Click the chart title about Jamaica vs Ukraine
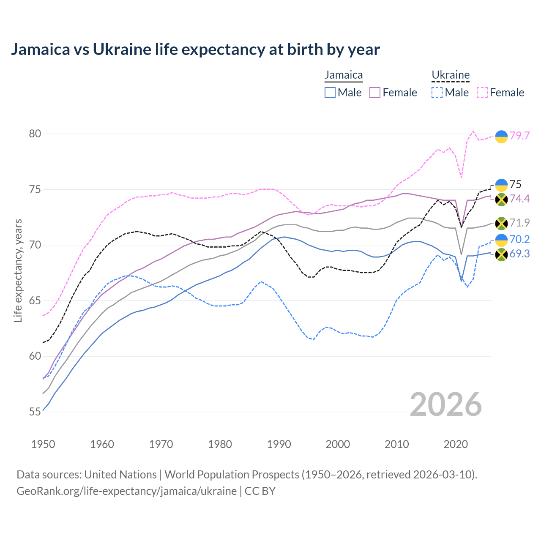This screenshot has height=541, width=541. tap(195, 49)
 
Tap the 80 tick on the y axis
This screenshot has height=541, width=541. tap(35, 134)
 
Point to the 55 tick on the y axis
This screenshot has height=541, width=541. tap(35, 412)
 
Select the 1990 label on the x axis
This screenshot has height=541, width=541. tap(279, 444)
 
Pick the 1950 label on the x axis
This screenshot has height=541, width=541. tap(43, 444)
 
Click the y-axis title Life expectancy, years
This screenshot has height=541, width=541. tap(18, 270)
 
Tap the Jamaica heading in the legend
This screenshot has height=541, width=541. tap(344, 75)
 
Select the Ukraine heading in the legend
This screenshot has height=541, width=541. tap(451, 75)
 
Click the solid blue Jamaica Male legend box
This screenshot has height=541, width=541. tap(330, 93)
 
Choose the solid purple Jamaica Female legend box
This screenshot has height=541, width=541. tap(375, 93)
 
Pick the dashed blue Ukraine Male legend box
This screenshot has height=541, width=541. tap(437, 93)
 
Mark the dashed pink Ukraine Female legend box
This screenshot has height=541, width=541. tap(482, 93)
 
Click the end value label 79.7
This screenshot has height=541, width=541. tap(519, 136)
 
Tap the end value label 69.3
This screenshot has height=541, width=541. tap(519, 254)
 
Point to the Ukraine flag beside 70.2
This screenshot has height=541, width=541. tap(501, 240)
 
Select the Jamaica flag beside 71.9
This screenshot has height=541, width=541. tap(501, 223)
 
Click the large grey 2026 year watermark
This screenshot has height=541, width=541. tap(446, 405)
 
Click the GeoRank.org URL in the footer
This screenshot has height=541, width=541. tap(127, 491)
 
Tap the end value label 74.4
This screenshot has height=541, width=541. tap(519, 199)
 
